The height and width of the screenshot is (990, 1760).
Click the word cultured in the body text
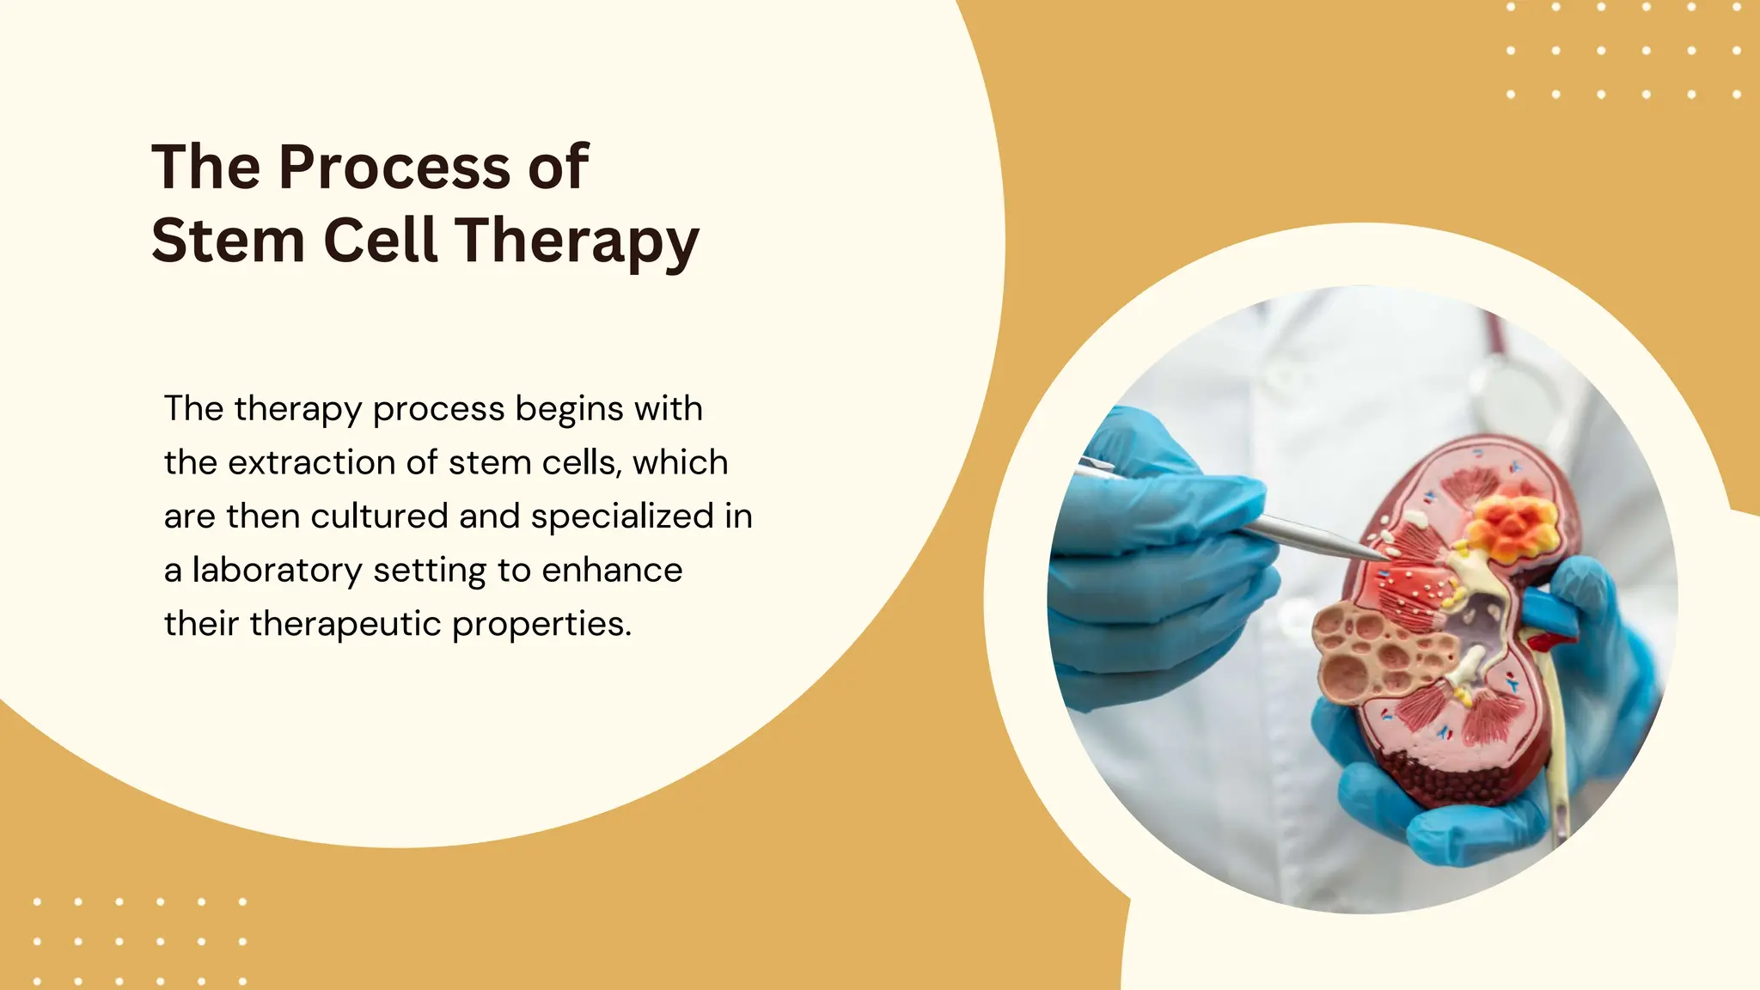[379, 516]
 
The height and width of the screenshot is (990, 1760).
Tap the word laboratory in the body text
[277, 571]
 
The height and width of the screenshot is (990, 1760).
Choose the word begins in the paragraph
[569, 410]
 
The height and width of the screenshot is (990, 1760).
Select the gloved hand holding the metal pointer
[1160, 559]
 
